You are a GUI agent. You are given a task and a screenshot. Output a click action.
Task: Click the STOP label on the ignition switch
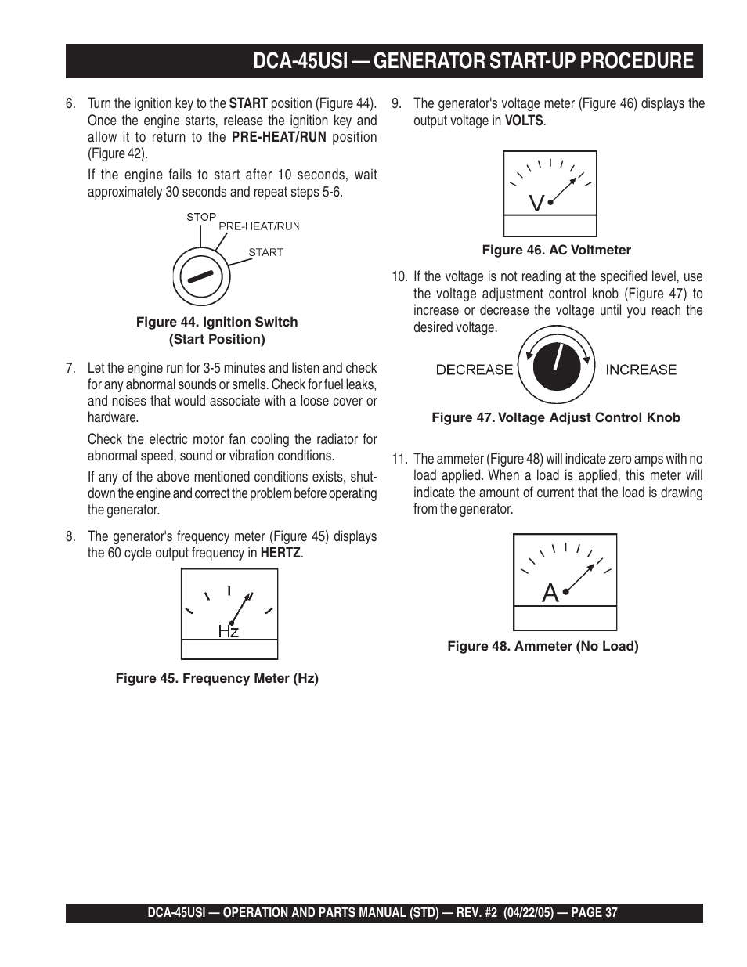201,217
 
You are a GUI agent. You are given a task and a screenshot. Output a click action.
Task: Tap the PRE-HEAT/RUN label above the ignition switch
258,226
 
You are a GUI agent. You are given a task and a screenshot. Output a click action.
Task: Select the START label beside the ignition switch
265,252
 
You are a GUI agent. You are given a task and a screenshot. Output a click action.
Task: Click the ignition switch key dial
200,277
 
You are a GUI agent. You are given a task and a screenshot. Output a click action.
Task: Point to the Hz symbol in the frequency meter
229,631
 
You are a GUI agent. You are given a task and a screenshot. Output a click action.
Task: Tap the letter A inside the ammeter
550,594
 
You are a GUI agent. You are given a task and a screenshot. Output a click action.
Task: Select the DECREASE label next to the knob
474,370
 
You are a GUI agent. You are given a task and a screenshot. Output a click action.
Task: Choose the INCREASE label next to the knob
641,370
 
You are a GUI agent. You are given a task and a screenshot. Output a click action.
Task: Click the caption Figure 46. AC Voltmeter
556,250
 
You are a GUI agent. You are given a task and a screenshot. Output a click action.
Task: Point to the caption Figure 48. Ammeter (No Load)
543,646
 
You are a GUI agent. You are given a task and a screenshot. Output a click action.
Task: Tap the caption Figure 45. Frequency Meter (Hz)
217,678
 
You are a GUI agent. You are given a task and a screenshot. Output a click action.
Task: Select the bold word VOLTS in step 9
524,121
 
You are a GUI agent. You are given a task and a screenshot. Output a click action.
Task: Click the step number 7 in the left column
70,368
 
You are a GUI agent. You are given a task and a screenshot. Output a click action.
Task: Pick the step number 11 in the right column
399,459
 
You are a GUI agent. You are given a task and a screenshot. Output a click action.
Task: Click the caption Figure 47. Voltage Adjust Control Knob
556,417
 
